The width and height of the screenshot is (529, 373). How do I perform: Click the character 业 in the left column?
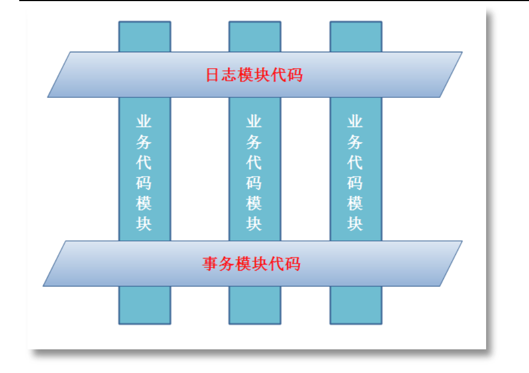tap(144, 122)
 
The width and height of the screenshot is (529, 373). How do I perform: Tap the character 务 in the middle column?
tap(254, 142)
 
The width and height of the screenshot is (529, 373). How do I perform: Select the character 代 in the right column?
tap(355, 163)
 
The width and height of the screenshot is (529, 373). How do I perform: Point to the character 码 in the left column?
tap(144, 183)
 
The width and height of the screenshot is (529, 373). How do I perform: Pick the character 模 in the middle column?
tap(254, 204)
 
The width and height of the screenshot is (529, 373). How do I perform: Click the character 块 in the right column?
tap(355, 224)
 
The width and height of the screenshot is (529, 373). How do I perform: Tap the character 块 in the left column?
tap(144, 224)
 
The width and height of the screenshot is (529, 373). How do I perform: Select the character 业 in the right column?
tap(355, 122)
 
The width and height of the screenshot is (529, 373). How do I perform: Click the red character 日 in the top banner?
tap(213, 75)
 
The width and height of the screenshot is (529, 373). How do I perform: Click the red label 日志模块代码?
tap(254, 75)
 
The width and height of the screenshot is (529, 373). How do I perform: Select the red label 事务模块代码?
tap(251, 264)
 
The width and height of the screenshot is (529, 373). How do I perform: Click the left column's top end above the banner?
tap(145, 36)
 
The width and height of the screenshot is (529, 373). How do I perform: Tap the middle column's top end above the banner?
tap(255, 36)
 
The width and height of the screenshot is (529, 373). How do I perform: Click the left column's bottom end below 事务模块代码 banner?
tap(145, 305)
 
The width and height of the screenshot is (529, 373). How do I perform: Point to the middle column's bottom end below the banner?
tap(255, 305)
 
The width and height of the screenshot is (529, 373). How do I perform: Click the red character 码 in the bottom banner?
tap(293, 264)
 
